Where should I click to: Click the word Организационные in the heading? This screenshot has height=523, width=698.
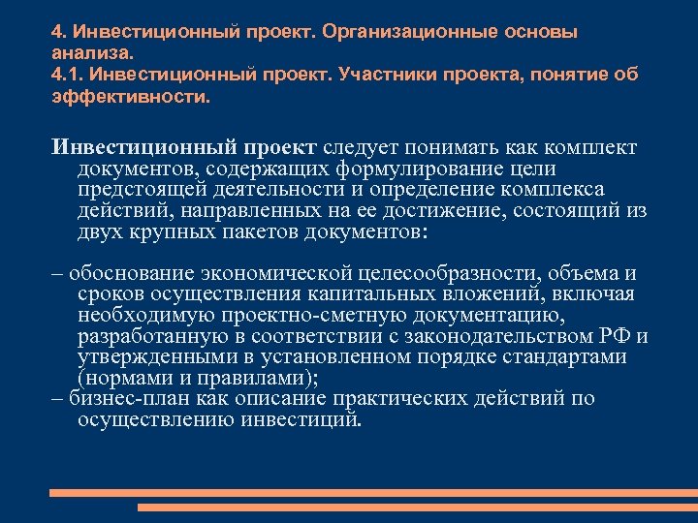[410, 32]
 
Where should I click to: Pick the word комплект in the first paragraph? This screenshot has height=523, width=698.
[592, 147]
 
